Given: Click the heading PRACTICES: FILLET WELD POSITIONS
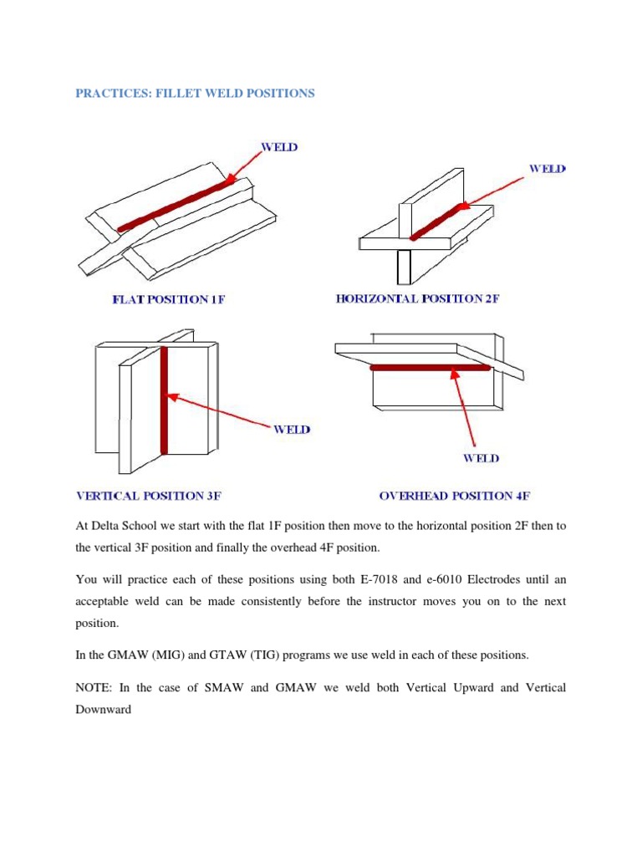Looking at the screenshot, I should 195,94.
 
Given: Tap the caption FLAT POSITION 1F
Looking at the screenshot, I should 169,299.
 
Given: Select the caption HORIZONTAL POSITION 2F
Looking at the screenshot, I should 417,298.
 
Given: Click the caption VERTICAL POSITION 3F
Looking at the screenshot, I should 148,496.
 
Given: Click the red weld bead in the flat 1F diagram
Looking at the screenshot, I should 176,205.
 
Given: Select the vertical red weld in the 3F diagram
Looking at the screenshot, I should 164,401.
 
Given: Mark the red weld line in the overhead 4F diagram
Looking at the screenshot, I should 430,367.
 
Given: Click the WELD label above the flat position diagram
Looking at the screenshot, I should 280,147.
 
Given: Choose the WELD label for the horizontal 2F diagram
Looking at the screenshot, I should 547,169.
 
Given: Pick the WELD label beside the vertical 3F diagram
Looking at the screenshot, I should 291,430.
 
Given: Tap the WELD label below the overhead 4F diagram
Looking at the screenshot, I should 481,458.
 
